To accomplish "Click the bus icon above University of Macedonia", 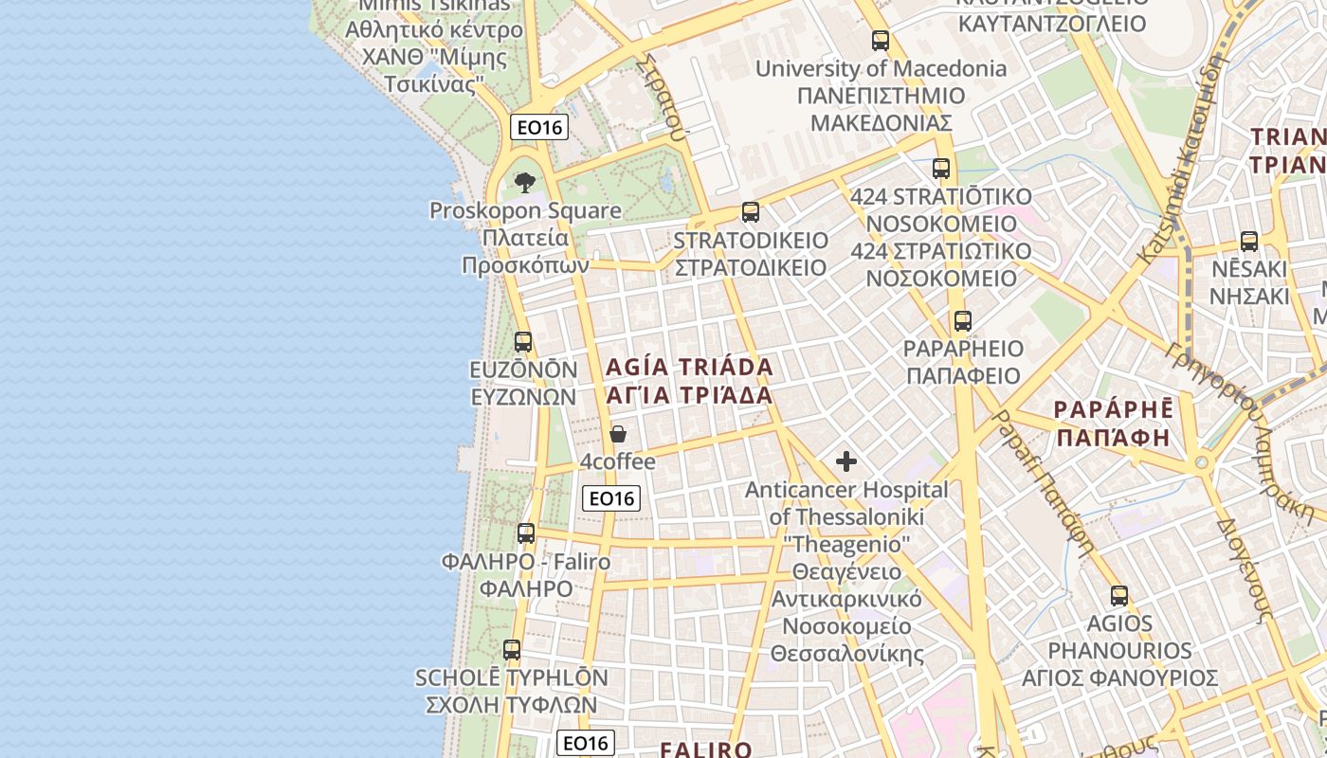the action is pyautogui.click(x=881, y=41).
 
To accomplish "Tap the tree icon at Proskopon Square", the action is pyautogui.click(x=524, y=182).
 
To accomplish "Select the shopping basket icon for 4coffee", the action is pyautogui.click(x=618, y=434).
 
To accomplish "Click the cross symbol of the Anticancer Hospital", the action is pyautogui.click(x=846, y=461).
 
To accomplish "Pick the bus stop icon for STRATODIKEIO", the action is pyautogui.click(x=751, y=212).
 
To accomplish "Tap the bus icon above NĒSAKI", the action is pyautogui.click(x=1249, y=242).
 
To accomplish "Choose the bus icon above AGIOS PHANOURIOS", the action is pyautogui.click(x=1119, y=596).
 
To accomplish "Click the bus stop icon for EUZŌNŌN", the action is pyautogui.click(x=523, y=342).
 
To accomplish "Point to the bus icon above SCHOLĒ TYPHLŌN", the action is pyautogui.click(x=512, y=650).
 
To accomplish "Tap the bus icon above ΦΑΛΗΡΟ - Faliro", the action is pyautogui.click(x=526, y=533).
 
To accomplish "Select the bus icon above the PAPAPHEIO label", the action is pyautogui.click(x=963, y=321).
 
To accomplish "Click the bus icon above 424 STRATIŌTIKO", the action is pyautogui.click(x=941, y=169).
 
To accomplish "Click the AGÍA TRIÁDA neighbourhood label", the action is pyautogui.click(x=689, y=367).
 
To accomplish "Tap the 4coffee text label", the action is pyautogui.click(x=618, y=462).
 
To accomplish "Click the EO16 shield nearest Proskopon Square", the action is pyautogui.click(x=539, y=127).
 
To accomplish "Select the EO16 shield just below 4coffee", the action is pyautogui.click(x=611, y=498).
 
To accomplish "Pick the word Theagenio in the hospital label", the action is pyautogui.click(x=846, y=545).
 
